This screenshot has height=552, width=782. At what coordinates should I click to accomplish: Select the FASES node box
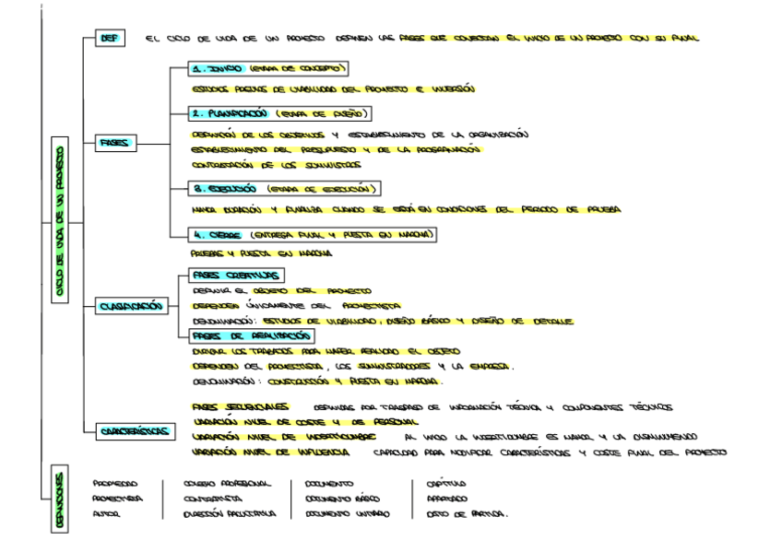point(117,144)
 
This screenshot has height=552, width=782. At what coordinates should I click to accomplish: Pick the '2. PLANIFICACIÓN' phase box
point(276,114)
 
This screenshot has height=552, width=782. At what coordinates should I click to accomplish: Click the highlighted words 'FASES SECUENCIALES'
point(241,406)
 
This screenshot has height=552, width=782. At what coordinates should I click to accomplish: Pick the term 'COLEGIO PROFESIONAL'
point(220,482)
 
